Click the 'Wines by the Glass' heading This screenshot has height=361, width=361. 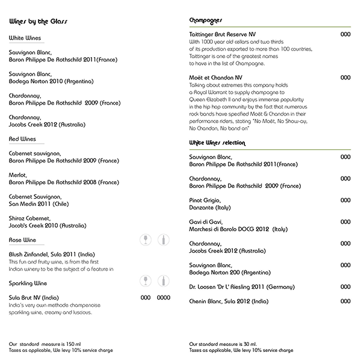[38, 22]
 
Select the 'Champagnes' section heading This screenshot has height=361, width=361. [205, 20]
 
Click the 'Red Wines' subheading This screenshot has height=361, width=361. [22, 138]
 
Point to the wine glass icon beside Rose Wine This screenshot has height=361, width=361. [145, 239]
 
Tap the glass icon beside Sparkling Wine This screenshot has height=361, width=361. [145, 281]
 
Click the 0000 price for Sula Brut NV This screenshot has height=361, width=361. [164, 297]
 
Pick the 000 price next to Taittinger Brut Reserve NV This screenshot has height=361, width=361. [345, 35]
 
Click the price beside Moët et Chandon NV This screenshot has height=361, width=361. [345, 78]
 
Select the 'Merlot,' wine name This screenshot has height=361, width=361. [18, 175]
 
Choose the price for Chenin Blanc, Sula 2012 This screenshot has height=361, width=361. [345, 301]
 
